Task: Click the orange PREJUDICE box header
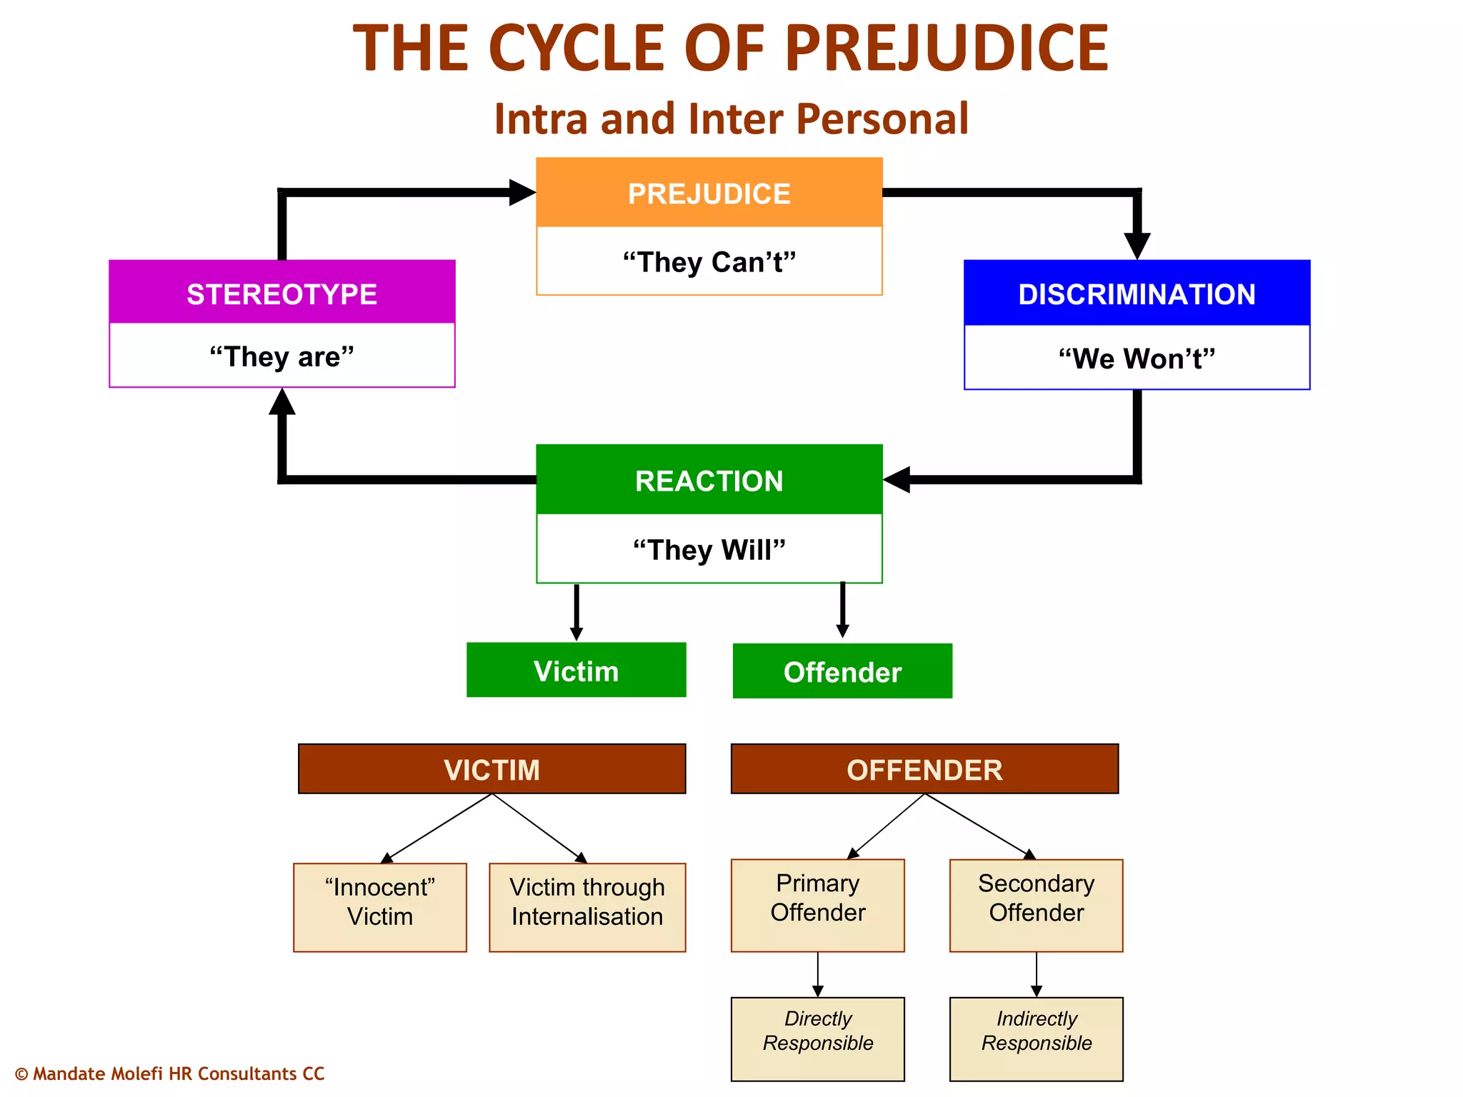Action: click(x=709, y=193)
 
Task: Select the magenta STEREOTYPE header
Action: click(x=281, y=293)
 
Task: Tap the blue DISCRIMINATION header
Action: click(x=1137, y=294)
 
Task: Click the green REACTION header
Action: click(x=709, y=480)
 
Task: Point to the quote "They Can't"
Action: click(x=709, y=262)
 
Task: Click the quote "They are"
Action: click(x=281, y=356)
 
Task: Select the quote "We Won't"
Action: click(x=1137, y=359)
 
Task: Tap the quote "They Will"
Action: click(x=709, y=550)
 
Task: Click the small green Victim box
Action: click(x=576, y=671)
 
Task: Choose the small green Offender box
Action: click(x=842, y=671)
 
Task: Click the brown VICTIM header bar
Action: click(x=491, y=769)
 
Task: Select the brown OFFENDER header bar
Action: click(x=924, y=769)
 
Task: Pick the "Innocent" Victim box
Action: click(x=379, y=907)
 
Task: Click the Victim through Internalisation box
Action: click(x=587, y=907)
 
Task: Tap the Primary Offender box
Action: click(x=817, y=905)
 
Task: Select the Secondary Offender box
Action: click(x=1036, y=905)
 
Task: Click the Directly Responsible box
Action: click(x=817, y=1038)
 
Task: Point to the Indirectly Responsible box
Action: click(x=1036, y=1038)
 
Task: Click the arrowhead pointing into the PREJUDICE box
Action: click(x=521, y=192)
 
